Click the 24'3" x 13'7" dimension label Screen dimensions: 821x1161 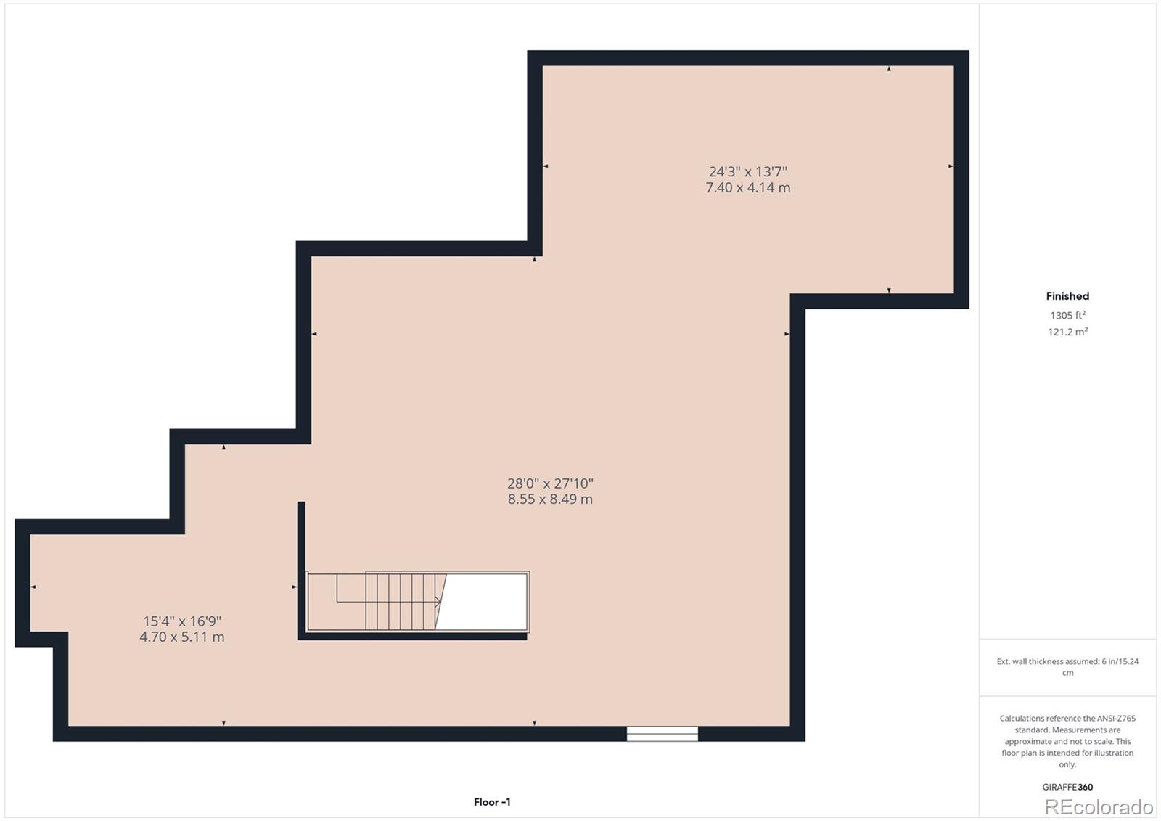pyautogui.click(x=747, y=172)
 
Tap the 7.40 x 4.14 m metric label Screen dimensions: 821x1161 pyautogui.click(x=747, y=187)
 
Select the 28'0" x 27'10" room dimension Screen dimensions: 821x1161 pyautogui.click(x=550, y=483)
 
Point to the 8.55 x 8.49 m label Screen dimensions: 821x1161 pyautogui.click(x=550, y=499)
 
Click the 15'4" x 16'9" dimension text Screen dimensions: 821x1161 pyautogui.click(x=181, y=621)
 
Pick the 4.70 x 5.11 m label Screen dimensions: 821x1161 pyautogui.click(x=181, y=637)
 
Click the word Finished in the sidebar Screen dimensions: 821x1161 pyautogui.click(x=1067, y=296)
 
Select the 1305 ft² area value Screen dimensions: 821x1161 pyautogui.click(x=1067, y=315)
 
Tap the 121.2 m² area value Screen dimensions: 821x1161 pyautogui.click(x=1067, y=332)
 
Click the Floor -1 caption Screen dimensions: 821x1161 pyautogui.click(x=492, y=802)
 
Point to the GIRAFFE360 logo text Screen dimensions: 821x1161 pyautogui.click(x=1067, y=787)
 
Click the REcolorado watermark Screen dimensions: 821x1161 pyautogui.click(x=1099, y=807)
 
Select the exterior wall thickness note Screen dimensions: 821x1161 pyautogui.click(x=1067, y=666)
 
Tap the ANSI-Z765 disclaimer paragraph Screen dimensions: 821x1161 pyautogui.click(x=1067, y=741)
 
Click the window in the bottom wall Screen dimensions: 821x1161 pyautogui.click(x=662, y=734)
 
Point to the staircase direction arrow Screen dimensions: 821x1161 pyautogui.click(x=437, y=602)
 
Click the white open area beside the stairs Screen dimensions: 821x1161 pyautogui.click(x=483, y=602)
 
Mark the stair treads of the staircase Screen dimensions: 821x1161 pyautogui.click(x=399, y=602)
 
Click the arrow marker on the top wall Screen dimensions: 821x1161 pyautogui.click(x=889, y=69)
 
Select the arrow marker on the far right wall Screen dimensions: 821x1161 pyautogui.click(x=951, y=166)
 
